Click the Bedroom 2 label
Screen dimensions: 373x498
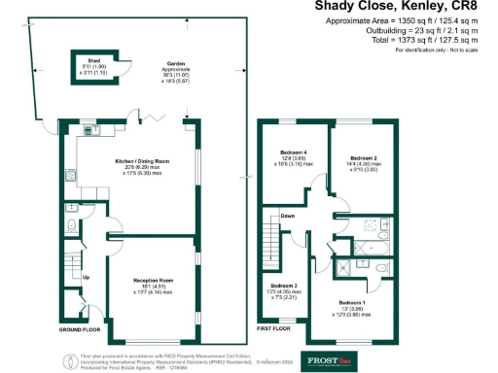363,157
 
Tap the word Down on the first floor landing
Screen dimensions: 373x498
288,216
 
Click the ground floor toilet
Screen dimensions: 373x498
72,226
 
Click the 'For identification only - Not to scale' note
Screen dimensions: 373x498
438,49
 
